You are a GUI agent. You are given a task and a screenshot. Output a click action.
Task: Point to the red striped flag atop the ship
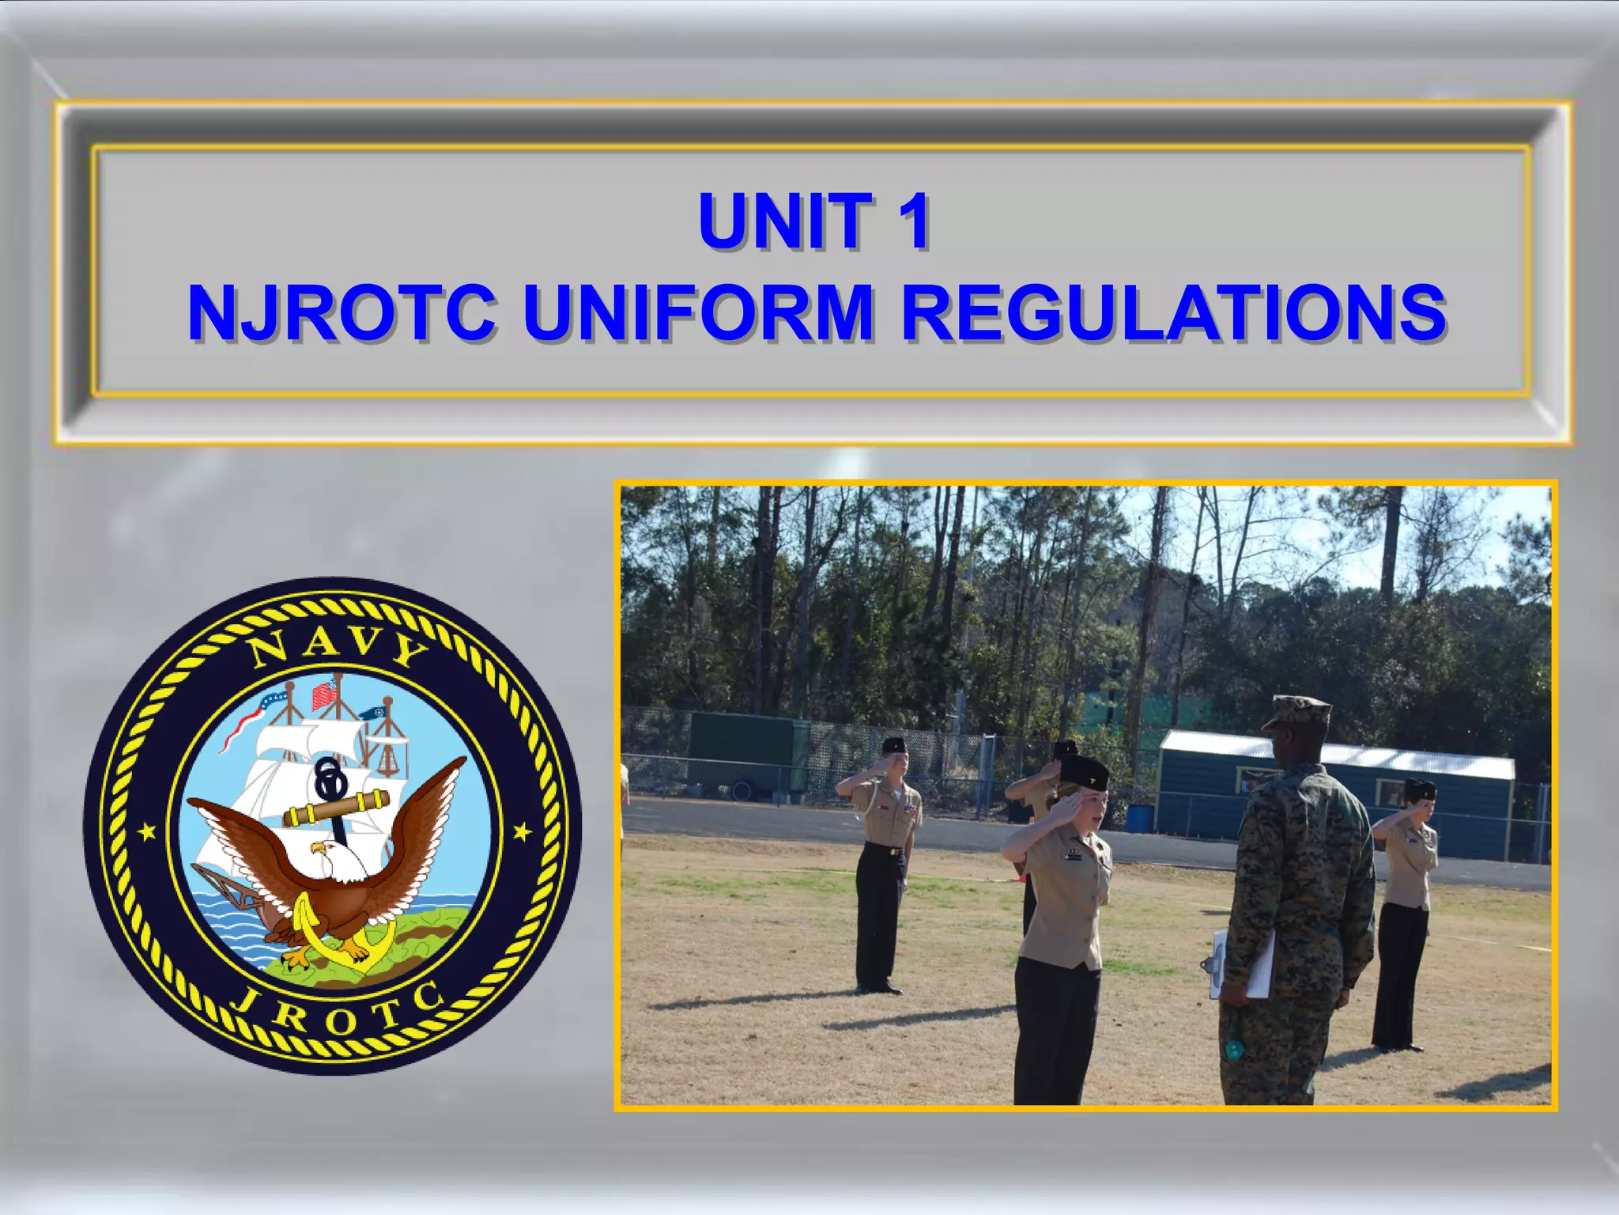pos(323,695)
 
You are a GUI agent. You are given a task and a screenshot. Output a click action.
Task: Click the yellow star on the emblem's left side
pos(147,832)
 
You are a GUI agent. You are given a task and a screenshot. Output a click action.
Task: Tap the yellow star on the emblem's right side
pos(522,831)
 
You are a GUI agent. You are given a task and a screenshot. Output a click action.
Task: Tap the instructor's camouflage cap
pos(1297,712)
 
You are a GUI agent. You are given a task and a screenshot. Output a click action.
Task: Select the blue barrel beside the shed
pos(1138,818)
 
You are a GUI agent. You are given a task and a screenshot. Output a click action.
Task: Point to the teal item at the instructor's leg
pos(1232,1050)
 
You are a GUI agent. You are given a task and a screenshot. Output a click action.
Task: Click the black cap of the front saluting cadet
pos(1083,771)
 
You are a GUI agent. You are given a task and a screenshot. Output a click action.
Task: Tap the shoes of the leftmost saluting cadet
pos(879,988)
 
